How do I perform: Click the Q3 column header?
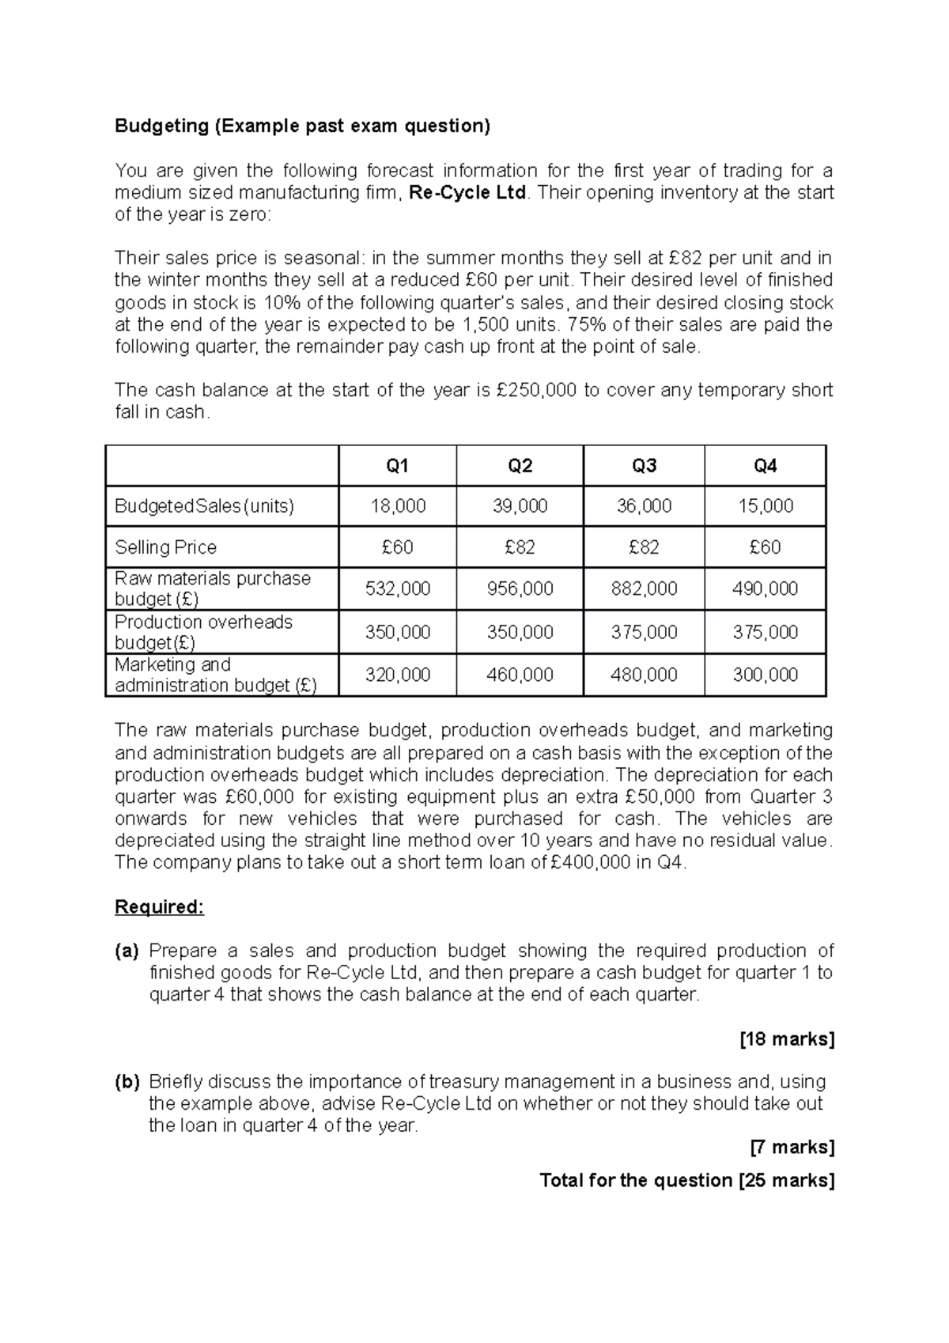(x=644, y=466)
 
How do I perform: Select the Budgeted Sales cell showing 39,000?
(x=520, y=506)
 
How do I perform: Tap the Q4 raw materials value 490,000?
(x=765, y=588)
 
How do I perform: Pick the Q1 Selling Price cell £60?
(x=397, y=547)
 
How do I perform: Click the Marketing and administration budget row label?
(x=215, y=675)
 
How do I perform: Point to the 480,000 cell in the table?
(x=644, y=675)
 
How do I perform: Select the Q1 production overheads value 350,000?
(x=397, y=632)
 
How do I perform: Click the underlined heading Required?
(x=159, y=906)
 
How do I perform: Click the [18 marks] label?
(x=786, y=1038)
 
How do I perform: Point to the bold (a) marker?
(x=127, y=951)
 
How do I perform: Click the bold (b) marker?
(x=127, y=1081)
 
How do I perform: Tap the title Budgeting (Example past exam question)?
(x=302, y=126)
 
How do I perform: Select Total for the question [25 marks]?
(x=686, y=1180)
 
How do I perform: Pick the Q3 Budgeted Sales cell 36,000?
(x=644, y=506)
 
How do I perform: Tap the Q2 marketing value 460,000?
(x=520, y=675)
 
